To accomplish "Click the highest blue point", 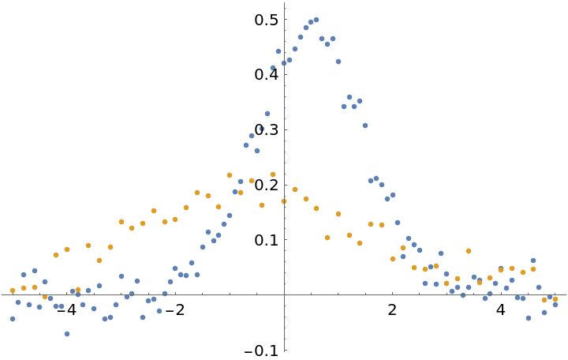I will (x=316, y=20).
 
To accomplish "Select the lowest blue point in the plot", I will (x=67, y=334).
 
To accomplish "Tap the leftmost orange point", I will (x=13, y=291).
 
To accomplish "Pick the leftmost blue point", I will (x=13, y=319).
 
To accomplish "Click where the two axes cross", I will (x=284, y=294).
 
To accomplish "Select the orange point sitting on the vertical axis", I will (x=284, y=201).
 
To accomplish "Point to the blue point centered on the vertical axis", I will (x=284, y=63).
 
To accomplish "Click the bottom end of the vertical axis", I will (x=284, y=351).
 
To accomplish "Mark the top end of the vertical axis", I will (x=284, y=2).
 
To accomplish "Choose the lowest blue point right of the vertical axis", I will (x=529, y=318).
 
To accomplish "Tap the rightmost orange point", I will (x=555, y=299).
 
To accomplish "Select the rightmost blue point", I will (x=555, y=304).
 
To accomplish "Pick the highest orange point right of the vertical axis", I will (x=295, y=189).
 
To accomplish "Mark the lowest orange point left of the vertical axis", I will (x=45, y=297).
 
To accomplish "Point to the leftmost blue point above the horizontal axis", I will (x=24, y=275).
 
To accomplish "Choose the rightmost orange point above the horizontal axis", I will (x=533, y=269).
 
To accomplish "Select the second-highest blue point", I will (x=311, y=22).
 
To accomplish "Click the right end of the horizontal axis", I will (x=567, y=294).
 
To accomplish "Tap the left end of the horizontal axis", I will (x=0, y=294).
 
